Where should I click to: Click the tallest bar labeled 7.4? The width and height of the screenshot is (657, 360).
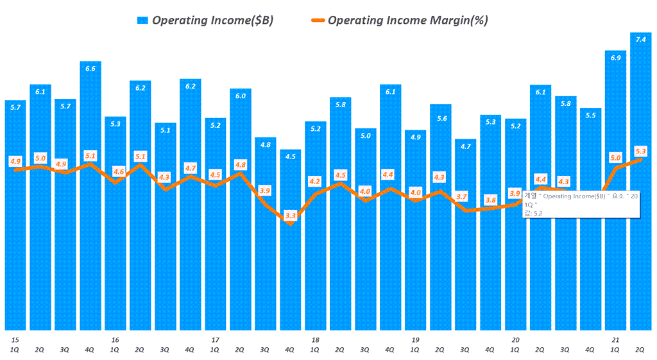tap(640, 180)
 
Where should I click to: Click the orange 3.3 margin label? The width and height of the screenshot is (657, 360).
tap(291, 216)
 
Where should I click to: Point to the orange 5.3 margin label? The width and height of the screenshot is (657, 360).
tap(640, 151)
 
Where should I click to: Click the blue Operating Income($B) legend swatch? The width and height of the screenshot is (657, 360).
tap(142, 21)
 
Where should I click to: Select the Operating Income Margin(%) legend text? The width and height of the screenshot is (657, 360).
tap(407, 21)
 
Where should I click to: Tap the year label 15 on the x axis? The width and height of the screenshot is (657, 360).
tap(15, 339)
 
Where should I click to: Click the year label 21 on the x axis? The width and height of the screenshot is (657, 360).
tap(615, 339)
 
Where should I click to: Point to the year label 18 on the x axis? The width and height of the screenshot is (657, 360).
tap(315, 339)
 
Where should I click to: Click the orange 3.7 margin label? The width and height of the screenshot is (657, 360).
tap(465, 196)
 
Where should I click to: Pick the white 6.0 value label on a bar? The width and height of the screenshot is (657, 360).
tap(240, 95)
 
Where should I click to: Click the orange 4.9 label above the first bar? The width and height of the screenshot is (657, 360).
tap(15, 161)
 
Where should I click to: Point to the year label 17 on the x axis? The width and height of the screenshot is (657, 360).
tap(215, 339)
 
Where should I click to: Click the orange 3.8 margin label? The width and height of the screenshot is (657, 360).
tap(491, 200)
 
